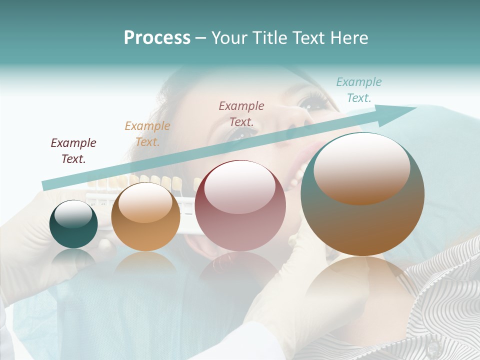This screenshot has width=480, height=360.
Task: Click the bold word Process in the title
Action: click(x=157, y=38)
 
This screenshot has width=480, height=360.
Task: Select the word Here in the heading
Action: click(x=348, y=38)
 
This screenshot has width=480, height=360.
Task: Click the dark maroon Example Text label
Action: click(x=73, y=151)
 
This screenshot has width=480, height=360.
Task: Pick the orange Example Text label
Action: click(x=147, y=134)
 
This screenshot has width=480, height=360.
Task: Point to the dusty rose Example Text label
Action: click(x=241, y=113)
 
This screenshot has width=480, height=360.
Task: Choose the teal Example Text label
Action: click(x=359, y=90)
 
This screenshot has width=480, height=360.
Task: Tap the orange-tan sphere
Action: click(x=145, y=217)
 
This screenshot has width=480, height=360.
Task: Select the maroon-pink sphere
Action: click(x=240, y=206)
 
